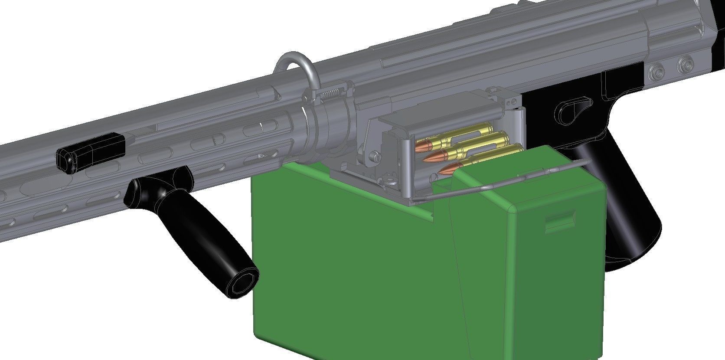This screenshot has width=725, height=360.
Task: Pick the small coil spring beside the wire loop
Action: [x=332, y=94]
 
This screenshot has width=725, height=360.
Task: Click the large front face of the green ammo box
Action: [x=347, y=269]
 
